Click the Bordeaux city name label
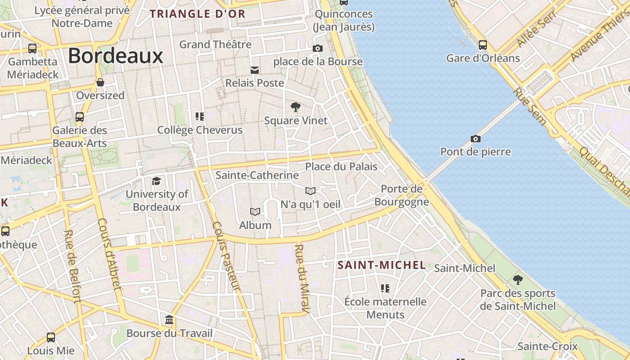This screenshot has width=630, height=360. (x=116, y=56)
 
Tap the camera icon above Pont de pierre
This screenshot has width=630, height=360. (x=475, y=139)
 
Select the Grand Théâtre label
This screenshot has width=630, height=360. (x=215, y=45)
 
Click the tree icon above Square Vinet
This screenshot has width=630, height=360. (x=296, y=107)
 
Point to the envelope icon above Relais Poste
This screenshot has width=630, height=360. (x=255, y=70)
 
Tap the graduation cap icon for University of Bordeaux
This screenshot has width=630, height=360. (x=156, y=181)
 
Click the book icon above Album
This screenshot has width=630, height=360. (x=255, y=211)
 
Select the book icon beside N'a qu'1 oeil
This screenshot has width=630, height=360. (x=310, y=191)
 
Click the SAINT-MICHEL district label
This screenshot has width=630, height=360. (x=382, y=265)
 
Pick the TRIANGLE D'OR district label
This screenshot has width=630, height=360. (x=198, y=14)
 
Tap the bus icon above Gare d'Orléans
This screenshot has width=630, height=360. (x=483, y=45)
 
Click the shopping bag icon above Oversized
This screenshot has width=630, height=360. (x=100, y=82)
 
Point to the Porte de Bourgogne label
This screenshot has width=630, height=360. (x=401, y=195)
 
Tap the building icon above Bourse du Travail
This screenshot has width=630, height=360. (x=169, y=320)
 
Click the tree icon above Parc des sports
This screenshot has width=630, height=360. (x=518, y=280)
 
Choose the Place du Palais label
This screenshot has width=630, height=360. (x=341, y=166)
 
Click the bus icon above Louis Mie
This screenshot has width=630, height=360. (x=51, y=337)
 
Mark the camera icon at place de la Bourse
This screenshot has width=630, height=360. (x=318, y=48)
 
